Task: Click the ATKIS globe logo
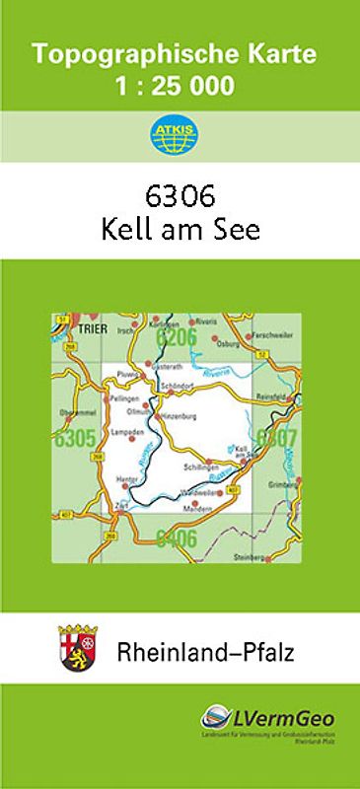180,135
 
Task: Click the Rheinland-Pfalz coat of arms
78,649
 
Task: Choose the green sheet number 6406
177,538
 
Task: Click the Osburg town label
254,344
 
